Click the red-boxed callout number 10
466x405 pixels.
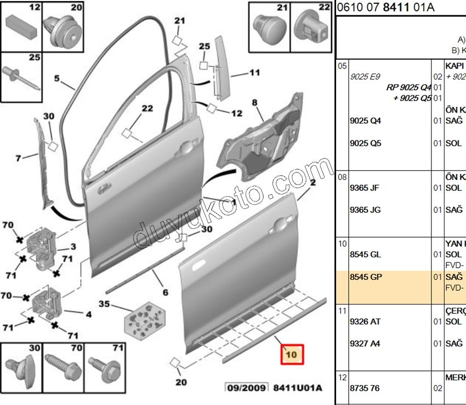coord(291,355)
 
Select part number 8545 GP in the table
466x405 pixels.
coord(365,277)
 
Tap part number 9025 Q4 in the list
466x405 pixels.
coord(365,121)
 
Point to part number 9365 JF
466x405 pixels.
coord(365,188)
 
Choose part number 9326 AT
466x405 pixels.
coord(365,322)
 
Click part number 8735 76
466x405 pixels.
coord(364,388)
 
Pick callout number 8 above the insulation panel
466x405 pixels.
coord(254,103)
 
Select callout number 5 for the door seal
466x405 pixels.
coord(56,78)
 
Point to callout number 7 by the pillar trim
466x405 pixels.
coord(19,159)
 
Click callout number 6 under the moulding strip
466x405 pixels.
coord(165,292)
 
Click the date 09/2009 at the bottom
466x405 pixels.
coord(247,388)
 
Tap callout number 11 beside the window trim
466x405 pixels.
coord(254,72)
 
